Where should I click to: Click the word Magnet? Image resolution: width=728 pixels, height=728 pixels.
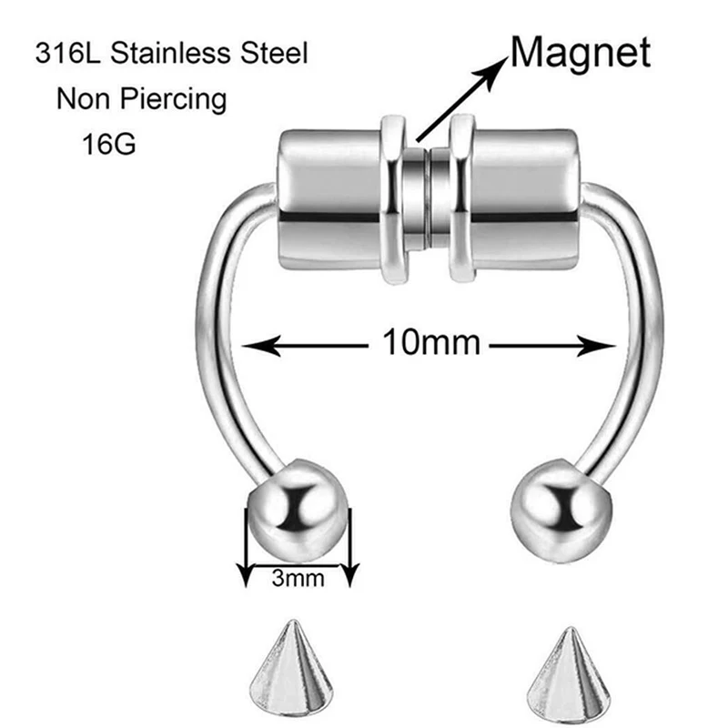[581, 53]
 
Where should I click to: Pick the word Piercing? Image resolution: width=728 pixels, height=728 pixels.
[176, 98]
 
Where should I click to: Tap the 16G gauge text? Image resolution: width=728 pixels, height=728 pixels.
[108, 144]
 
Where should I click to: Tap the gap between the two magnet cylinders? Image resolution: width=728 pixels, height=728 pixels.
[423, 196]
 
